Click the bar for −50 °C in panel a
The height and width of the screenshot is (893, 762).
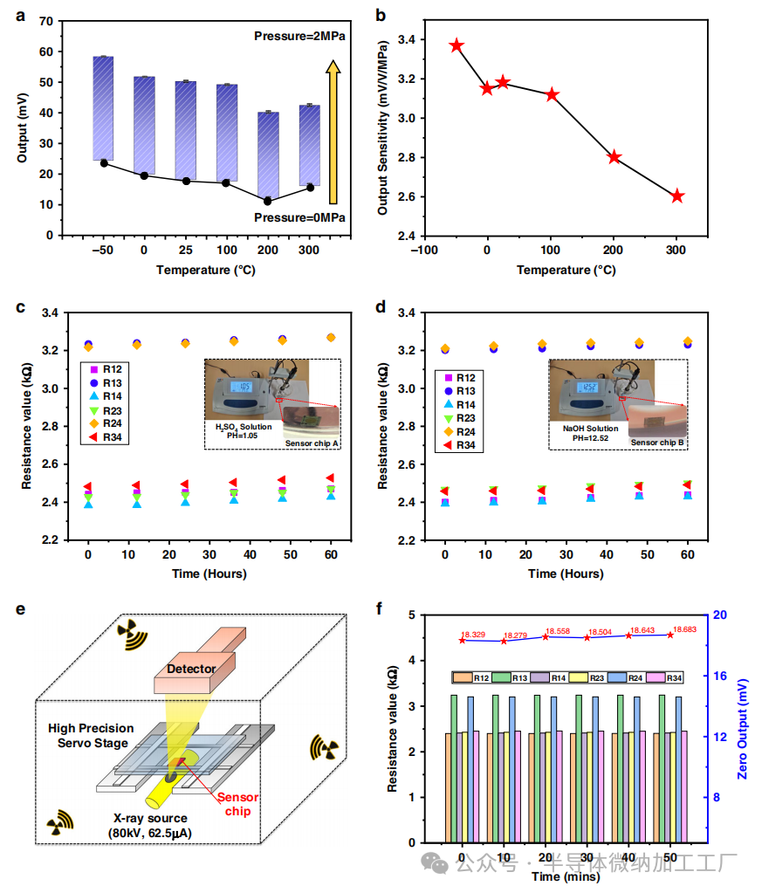(104, 108)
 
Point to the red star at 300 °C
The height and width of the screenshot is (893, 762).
(677, 196)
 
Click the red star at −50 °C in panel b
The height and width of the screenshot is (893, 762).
(456, 45)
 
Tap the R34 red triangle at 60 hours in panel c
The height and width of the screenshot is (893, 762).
(329, 477)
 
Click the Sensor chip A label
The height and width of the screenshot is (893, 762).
(312, 444)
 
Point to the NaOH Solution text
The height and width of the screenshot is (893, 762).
(591, 429)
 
